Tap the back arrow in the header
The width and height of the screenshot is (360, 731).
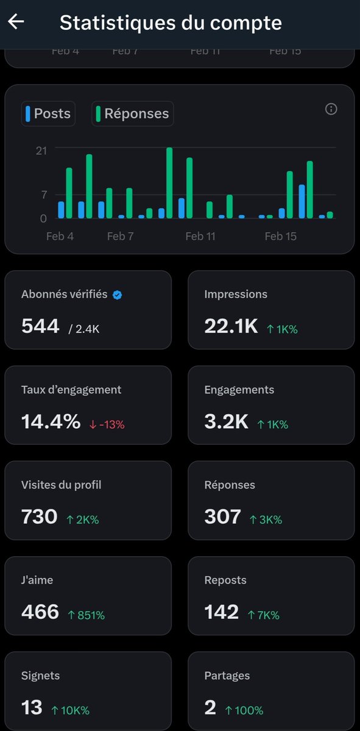16,22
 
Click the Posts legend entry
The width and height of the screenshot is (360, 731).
48,114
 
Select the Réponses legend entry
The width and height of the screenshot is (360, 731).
132,114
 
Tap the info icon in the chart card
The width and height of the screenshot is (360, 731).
331,109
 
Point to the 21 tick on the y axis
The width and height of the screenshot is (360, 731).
41,150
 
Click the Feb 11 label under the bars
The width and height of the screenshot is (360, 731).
200,236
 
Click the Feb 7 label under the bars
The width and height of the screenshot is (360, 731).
120,236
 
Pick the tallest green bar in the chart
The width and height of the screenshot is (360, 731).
169,183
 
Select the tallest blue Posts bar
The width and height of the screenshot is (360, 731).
302,201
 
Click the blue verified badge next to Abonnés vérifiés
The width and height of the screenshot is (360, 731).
118,295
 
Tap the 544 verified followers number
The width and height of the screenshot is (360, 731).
40,327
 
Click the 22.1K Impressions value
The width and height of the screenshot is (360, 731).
231,327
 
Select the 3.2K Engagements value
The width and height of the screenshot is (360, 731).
226,422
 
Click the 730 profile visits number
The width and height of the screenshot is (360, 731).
39,517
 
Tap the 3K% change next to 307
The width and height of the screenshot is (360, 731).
266,520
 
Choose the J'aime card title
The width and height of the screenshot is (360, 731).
37,581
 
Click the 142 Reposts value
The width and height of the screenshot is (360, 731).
221,612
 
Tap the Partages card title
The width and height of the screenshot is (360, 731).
227,676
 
